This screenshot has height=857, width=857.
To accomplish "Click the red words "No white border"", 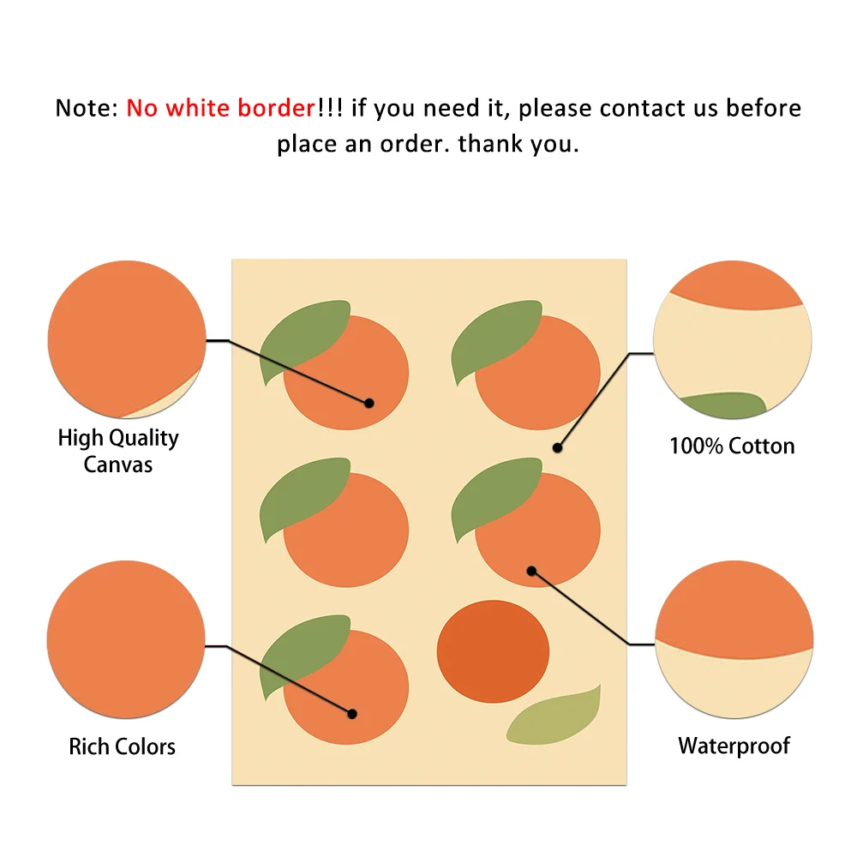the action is click(221, 109).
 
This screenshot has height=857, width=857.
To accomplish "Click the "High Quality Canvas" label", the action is click(118, 451).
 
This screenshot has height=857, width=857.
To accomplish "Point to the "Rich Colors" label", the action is click(122, 746).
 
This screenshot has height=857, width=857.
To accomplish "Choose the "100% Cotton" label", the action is click(732, 446).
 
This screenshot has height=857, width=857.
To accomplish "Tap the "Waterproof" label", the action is click(734, 746).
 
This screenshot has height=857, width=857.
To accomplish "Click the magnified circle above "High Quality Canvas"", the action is click(126, 339).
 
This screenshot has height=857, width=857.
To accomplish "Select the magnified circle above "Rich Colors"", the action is click(126, 639).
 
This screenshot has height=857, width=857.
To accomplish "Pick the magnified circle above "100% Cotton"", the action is click(732, 340).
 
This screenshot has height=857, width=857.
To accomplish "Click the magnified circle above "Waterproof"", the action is click(734, 639).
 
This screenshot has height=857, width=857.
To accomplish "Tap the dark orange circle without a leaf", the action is click(493, 650).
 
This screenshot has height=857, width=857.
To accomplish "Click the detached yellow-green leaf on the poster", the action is click(554, 716).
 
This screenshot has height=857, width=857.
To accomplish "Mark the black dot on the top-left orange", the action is click(369, 402).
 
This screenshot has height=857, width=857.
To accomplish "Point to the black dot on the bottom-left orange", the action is click(351, 713).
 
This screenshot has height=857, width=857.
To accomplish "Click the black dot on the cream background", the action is click(557, 447).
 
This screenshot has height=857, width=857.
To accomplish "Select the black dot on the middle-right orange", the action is click(531, 571).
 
